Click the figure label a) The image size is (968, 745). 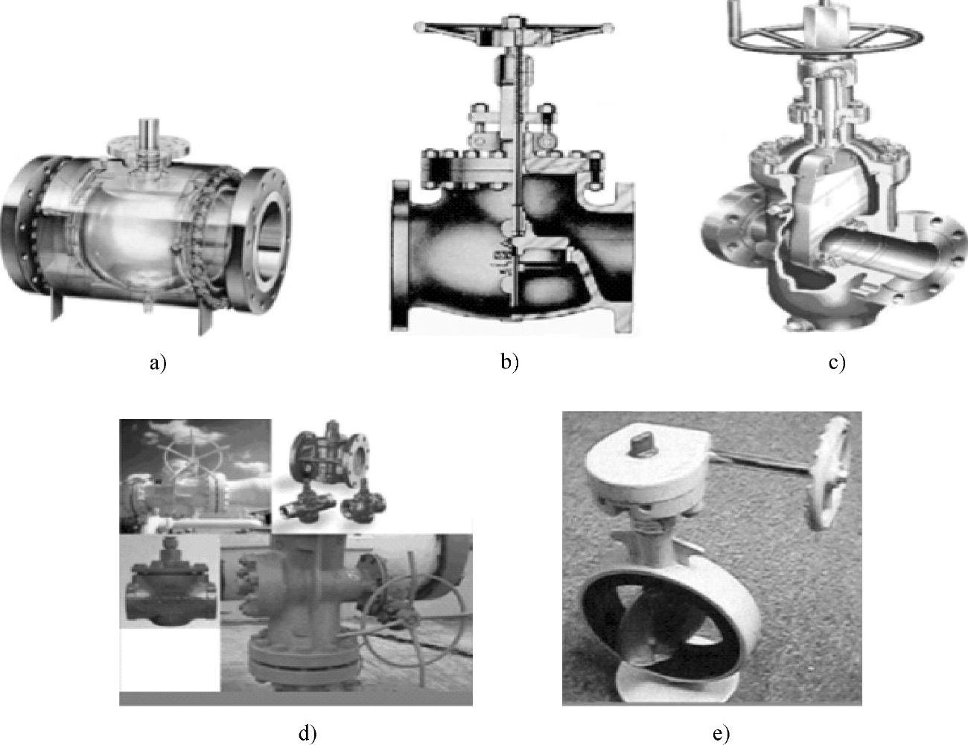tap(158, 364)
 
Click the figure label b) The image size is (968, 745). tap(510, 362)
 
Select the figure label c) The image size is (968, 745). tap(837, 363)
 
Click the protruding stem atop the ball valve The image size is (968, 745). tap(148, 132)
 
